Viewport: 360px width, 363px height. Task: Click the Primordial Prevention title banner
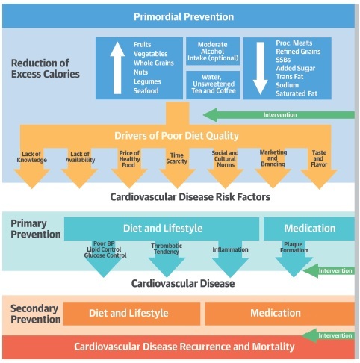click(179, 16)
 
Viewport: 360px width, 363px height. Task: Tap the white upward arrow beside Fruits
click(117, 68)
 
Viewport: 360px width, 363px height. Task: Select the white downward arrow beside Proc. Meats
click(261, 68)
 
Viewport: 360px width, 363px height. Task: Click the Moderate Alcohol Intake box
click(213, 52)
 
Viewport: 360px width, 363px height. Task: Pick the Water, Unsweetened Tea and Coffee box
click(213, 84)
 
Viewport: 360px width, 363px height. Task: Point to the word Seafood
click(146, 90)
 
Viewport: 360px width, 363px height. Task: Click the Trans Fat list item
click(290, 77)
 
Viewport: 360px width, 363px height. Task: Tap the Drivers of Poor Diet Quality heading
click(176, 136)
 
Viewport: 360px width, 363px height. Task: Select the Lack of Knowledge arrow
click(32, 169)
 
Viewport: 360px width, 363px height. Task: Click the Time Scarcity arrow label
click(177, 158)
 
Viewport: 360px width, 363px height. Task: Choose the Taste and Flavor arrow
click(319, 169)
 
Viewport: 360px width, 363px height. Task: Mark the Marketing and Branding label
click(273, 158)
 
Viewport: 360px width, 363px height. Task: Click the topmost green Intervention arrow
click(279, 115)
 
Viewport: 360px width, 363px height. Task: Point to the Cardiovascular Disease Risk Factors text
click(190, 197)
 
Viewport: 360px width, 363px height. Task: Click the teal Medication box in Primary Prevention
click(309, 229)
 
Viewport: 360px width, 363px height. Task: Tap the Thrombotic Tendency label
click(167, 249)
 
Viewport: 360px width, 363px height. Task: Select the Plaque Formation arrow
click(294, 258)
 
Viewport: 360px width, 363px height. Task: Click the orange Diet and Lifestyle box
click(131, 314)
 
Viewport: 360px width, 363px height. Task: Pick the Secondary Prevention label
click(35, 314)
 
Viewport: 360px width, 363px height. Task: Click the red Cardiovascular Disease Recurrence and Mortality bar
click(179, 347)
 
